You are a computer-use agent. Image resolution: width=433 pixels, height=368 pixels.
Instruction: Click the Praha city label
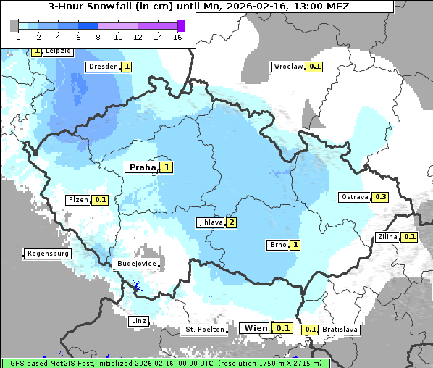pos(143,167)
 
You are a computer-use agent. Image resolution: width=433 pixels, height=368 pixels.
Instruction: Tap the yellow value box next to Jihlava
pos(232,222)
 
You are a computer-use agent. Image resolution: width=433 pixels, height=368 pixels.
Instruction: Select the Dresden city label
pos(102,67)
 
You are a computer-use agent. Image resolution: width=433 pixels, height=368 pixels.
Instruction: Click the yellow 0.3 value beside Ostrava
pos(381,197)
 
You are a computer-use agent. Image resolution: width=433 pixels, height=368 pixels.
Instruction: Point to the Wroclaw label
pos(287,67)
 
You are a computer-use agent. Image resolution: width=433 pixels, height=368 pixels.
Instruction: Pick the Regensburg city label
pos(48,254)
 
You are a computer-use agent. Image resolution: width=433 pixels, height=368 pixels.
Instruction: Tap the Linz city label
pos(138,320)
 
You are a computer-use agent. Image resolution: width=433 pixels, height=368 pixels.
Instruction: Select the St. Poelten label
pos(205,330)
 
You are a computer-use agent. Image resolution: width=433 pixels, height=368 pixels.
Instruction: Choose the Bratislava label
pos(340,330)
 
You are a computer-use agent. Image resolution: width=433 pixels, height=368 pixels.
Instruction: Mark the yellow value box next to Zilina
pos(410,237)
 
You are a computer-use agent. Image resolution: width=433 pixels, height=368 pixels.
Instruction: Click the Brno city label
pos(278,245)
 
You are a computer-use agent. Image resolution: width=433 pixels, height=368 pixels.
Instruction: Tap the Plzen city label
pos(78,199)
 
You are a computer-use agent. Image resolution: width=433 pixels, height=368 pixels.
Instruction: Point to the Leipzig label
pos(59,51)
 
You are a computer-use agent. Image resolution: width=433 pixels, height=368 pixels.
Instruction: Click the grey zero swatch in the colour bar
pos(14,25)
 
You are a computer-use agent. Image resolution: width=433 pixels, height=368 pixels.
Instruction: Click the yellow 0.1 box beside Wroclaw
pos(315,67)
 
